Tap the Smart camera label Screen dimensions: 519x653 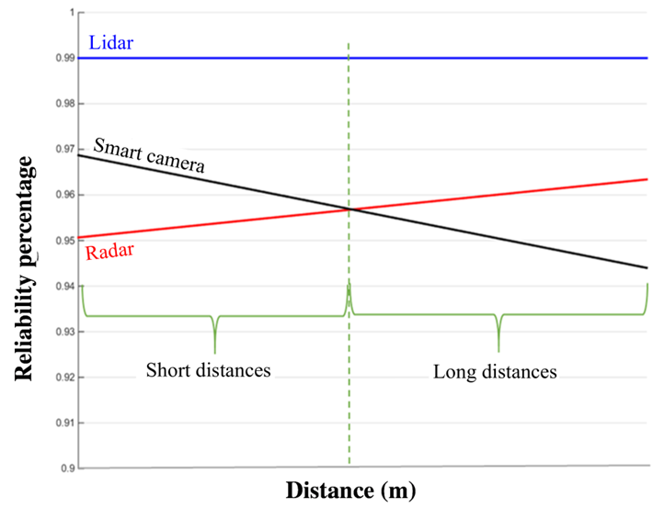148,157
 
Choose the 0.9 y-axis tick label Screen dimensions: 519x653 68,468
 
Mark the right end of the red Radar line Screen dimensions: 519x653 647,179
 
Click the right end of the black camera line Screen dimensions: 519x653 647,268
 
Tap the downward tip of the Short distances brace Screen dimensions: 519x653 214,352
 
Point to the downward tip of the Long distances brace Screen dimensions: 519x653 498,351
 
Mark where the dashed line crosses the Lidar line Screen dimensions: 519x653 349,58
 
